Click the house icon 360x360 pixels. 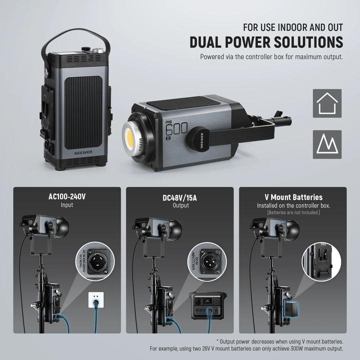point(327,103)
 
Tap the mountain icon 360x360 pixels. point(327,144)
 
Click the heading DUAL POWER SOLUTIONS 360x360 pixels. point(266,42)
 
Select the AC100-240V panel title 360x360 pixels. point(67,197)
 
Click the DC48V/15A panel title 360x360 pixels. point(180,197)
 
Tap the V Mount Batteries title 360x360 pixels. point(293,197)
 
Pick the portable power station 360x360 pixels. point(209,307)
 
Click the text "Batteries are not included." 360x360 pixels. point(293,213)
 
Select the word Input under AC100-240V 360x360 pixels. point(67,205)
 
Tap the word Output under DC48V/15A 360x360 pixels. point(180,205)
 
